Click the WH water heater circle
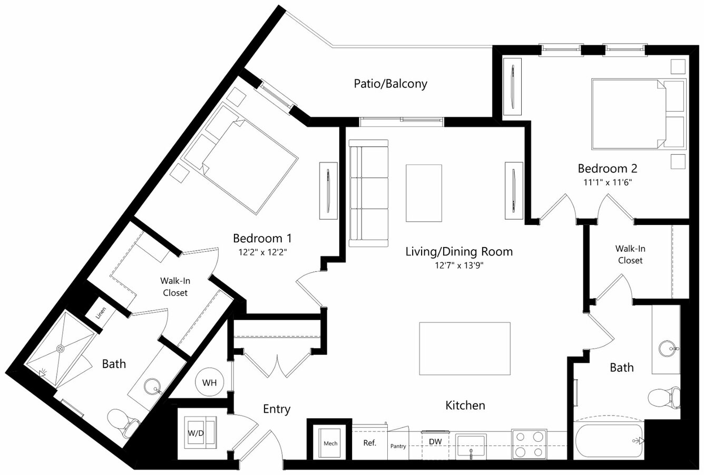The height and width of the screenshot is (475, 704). pyautogui.click(x=209, y=382)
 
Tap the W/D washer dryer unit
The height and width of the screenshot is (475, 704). pyautogui.click(x=200, y=432)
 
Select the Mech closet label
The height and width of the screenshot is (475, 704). pyautogui.click(x=330, y=443)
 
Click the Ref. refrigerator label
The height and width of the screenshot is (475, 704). pyautogui.click(x=369, y=443)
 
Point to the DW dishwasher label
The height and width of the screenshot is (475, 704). pyautogui.click(x=435, y=441)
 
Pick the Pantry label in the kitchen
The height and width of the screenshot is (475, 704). pyautogui.click(x=398, y=446)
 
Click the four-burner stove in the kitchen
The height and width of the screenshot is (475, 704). pyautogui.click(x=529, y=444)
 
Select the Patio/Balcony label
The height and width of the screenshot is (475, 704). pyautogui.click(x=390, y=84)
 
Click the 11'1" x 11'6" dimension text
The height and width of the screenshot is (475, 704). pyautogui.click(x=608, y=182)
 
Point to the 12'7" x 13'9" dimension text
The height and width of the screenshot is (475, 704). pyautogui.click(x=459, y=265)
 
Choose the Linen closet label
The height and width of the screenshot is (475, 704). pyautogui.click(x=101, y=313)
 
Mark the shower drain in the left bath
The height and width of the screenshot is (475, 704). pyautogui.click(x=60, y=349)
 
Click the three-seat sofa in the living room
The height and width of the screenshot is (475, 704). pyautogui.click(x=368, y=193)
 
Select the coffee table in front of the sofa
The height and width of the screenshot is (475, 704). pyautogui.click(x=424, y=193)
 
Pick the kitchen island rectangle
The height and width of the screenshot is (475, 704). pyautogui.click(x=465, y=349)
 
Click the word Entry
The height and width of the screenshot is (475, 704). pyautogui.click(x=277, y=409)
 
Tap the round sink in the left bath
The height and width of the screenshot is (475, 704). pyautogui.click(x=152, y=386)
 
